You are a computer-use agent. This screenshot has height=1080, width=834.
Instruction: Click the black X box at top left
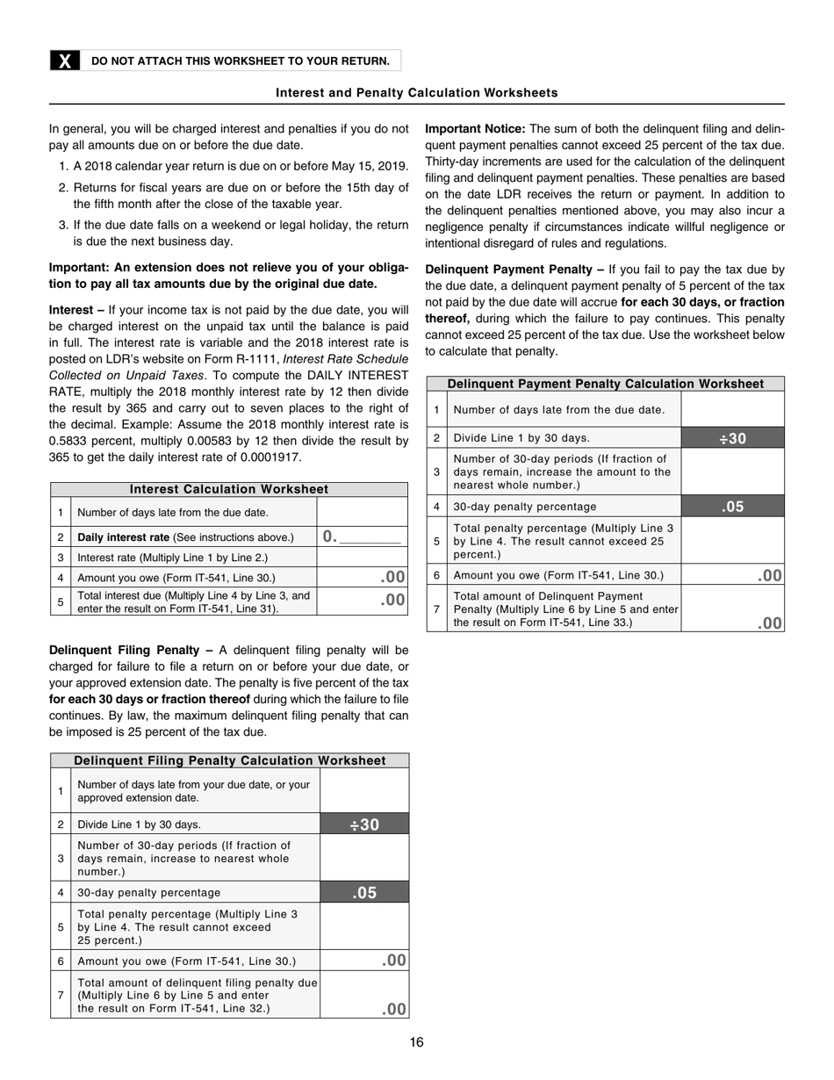[x=64, y=61]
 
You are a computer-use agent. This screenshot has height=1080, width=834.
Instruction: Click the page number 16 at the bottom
[x=416, y=1042]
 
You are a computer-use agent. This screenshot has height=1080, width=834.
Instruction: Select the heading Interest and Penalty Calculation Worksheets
[x=416, y=92]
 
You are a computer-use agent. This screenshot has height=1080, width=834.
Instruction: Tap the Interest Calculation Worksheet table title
[x=229, y=489]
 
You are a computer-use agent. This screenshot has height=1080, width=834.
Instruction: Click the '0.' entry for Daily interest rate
[x=330, y=536]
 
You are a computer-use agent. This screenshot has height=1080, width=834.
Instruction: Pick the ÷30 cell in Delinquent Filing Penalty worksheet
[x=364, y=824]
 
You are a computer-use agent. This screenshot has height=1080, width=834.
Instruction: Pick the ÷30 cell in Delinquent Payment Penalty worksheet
[x=732, y=438]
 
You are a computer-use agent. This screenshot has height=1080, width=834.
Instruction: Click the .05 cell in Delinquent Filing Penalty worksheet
[x=364, y=892]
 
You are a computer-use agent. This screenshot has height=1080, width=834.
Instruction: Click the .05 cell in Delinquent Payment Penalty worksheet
[x=732, y=506]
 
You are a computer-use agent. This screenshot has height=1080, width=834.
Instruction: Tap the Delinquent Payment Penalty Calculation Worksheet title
[x=605, y=384]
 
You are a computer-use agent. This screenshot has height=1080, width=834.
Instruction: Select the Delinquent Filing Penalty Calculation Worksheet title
[x=229, y=760]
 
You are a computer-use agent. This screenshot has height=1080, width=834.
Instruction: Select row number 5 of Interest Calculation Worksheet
[x=61, y=601]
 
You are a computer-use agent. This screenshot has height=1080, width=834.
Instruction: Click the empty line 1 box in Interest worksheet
[x=362, y=512]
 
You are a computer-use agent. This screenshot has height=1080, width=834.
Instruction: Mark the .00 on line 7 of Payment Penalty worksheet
[x=770, y=623]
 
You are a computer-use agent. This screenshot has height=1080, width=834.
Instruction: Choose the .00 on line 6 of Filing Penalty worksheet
[x=394, y=961]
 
